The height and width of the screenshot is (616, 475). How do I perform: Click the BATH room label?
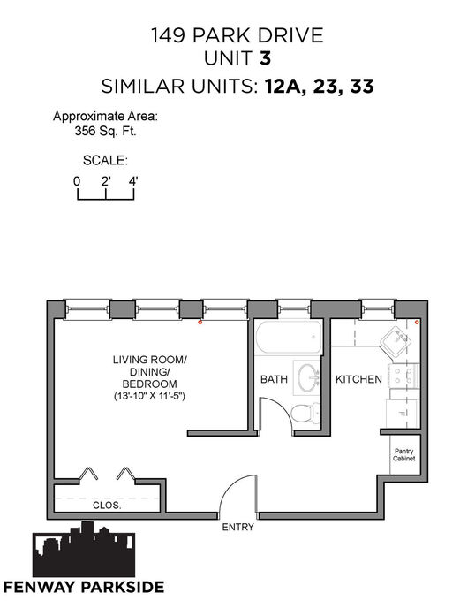(274, 379)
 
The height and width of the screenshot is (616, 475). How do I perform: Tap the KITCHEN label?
(358, 379)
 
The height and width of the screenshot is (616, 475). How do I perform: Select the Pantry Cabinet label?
(404, 455)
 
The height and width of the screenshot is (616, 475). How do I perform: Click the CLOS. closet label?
(107, 506)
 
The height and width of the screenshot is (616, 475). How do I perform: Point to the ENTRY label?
(237, 528)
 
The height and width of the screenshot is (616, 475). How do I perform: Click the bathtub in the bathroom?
(289, 337)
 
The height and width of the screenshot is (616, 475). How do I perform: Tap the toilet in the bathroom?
(306, 414)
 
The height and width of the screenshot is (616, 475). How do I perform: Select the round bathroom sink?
(308, 378)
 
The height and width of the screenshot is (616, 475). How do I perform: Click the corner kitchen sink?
(396, 340)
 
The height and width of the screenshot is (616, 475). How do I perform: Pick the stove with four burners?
(403, 376)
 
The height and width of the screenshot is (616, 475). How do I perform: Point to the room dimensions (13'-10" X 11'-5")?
(149, 396)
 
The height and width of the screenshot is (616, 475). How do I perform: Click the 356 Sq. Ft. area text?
(105, 131)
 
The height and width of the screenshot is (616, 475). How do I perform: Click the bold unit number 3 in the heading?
(266, 58)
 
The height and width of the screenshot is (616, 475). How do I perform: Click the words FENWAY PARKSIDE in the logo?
(84, 587)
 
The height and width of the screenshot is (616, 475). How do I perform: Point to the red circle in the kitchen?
(417, 323)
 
